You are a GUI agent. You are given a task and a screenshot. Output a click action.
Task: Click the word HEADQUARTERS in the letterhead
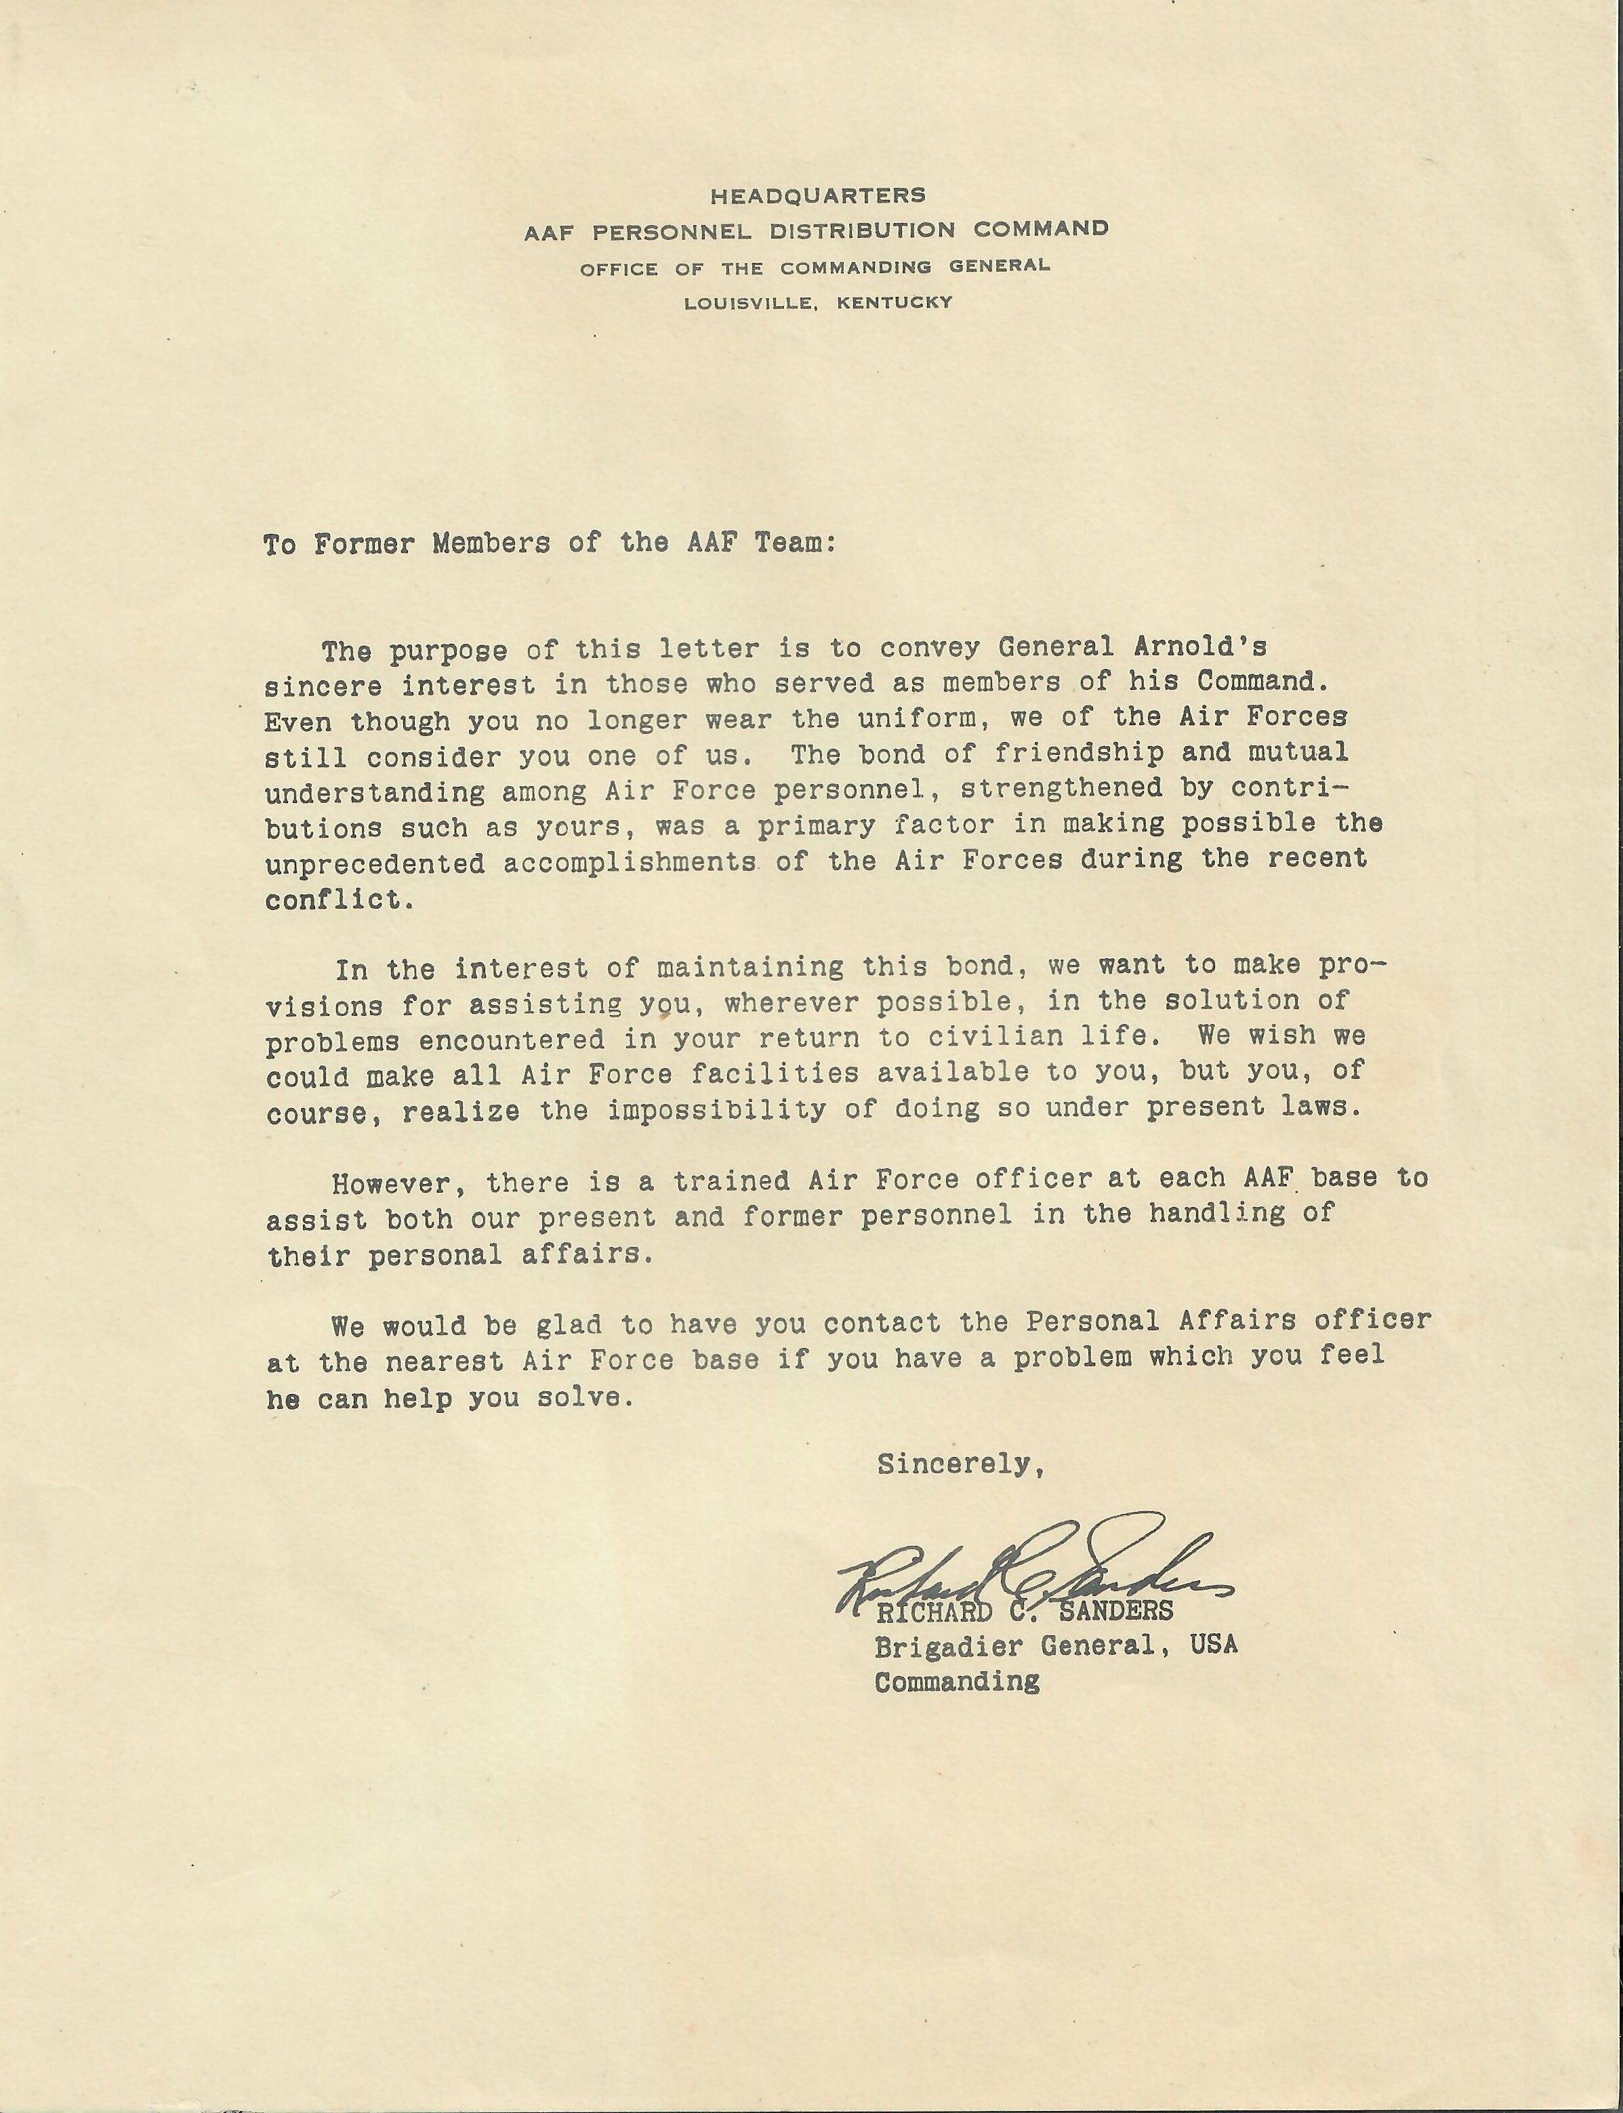pos(817,195)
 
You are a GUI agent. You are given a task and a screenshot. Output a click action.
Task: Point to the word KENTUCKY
pos(895,302)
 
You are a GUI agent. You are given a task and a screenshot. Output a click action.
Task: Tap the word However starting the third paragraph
pos(391,1183)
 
